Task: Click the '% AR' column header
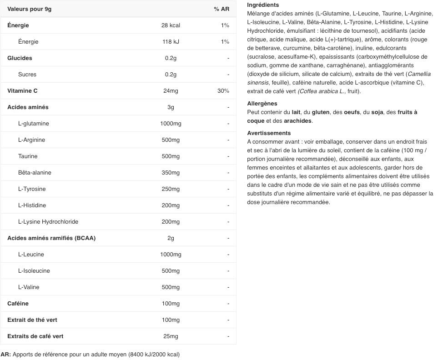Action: [x=222, y=9]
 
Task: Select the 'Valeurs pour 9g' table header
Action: [x=29, y=9]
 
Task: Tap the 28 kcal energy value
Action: [x=171, y=25]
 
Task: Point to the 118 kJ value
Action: [x=171, y=42]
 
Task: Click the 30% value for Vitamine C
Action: [x=223, y=91]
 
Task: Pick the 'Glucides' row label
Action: [x=20, y=58]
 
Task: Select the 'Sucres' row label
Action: [x=27, y=75]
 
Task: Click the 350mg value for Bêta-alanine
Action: [x=171, y=173]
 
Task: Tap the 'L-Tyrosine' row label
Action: [x=32, y=189]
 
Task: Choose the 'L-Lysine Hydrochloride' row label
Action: [x=48, y=222]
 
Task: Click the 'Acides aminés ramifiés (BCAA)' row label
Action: [x=51, y=238]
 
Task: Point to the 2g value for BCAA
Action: [x=171, y=238]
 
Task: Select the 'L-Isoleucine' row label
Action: [x=34, y=271]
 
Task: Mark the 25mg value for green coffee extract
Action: [x=171, y=336]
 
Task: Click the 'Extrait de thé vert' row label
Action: [x=32, y=320]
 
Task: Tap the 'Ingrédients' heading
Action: [x=263, y=5]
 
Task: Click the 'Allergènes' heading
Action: [x=262, y=104]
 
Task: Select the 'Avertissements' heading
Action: [x=269, y=133]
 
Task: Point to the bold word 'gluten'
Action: [x=320, y=112]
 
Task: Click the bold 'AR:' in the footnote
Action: [x=6, y=355]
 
